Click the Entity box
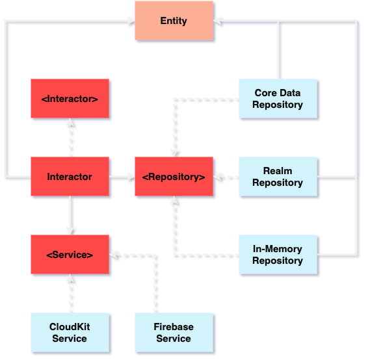[x=174, y=21]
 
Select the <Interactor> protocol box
[x=70, y=99]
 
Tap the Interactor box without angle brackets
[x=70, y=177]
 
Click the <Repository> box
[x=174, y=177]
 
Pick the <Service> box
[x=70, y=255]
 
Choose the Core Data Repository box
[x=278, y=99]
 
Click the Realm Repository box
[x=278, y=177]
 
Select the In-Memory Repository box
[x=278, y=255]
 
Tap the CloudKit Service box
[x=70, y=333]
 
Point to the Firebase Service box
[x=174, y=333]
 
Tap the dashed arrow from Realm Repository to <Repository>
[x=226, y=177]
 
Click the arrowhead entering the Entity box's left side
[x=131, y=21]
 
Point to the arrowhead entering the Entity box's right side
[x=217, y=21]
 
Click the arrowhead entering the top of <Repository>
[x=174, y=153]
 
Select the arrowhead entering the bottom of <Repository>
[x=174, y=201]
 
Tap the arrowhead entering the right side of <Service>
[x=113, y=255]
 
